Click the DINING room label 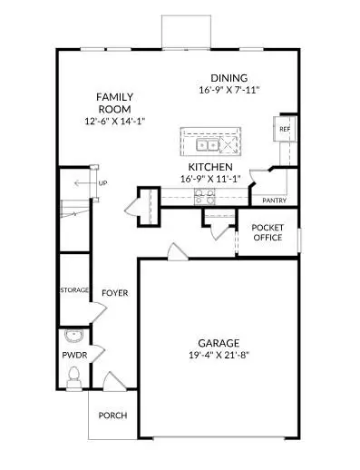click(228, 78)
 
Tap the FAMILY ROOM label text click(116, 103)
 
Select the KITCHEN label click(210, 168)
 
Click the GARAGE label click(219, 343)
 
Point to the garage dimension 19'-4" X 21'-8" click(219, 356)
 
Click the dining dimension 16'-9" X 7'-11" click(228, 91)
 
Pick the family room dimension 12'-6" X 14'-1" click(116, 121)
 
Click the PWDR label click(74, 356)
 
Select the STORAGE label click(74, 290)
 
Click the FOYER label click(114, 294)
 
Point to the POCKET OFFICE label click(268, 232)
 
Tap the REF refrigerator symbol click(285, 130)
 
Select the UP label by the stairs click(102, 183)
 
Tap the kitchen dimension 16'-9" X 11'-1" click(210, 180)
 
